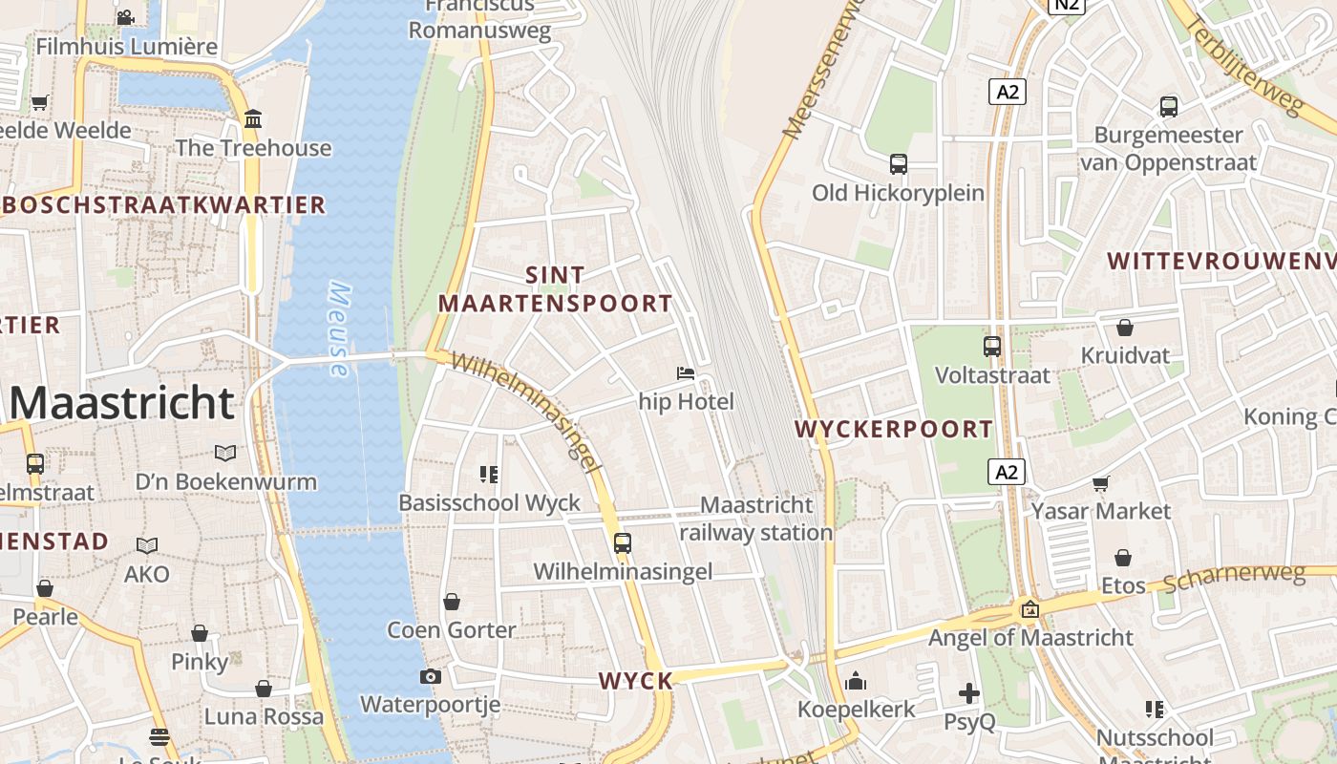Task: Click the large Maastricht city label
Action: pos(122,403)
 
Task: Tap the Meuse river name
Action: pos(338,329)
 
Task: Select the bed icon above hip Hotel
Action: pos(686,372)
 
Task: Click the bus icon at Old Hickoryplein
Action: pos(898,163)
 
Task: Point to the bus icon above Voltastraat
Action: pos(992,346)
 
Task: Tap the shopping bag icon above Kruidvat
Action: pos(1125,328)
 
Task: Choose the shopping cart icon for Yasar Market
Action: pos(1101,483)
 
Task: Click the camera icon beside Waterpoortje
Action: pos(430,676)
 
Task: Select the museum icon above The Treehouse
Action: pos(253,119)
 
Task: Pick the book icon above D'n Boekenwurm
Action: pos(224,453)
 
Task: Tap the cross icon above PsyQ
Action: pos(969,693)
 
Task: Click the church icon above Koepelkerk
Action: pos(856,681)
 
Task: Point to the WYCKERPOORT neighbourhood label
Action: pos(894,429)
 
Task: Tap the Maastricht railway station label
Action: pos(756,519)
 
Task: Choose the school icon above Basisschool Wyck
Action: pos(490,474)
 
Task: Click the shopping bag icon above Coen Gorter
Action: pos(452,602)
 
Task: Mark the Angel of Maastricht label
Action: pos(1030,637)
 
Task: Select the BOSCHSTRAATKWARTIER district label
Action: pos(164,205)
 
